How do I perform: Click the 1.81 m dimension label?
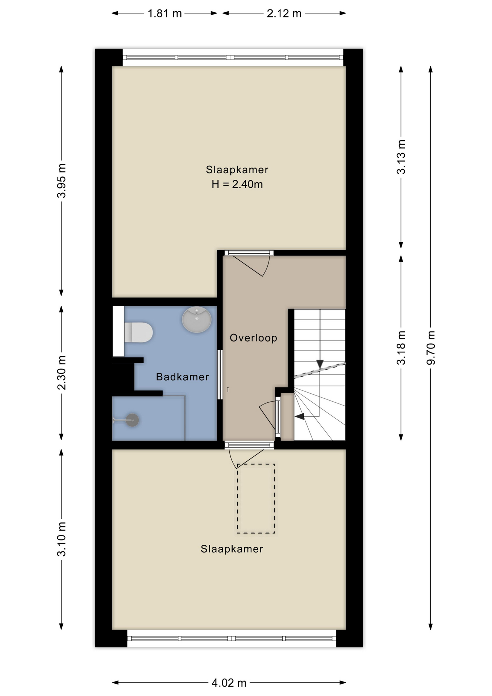[x=164, y=13]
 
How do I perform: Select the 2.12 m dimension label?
[x=284, y=13]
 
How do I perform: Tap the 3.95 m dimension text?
[x=62, y=181]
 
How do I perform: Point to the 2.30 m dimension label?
[x=62, y=372]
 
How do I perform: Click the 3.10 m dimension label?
[x=62, y=539]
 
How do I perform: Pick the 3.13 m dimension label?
[x=401, y=157]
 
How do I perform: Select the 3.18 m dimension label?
[x=401, y=348]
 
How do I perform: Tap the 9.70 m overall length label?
[x=431, y=348]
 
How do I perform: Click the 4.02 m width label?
[x=229, y=683]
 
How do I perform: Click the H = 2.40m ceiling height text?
[x=237, y=184]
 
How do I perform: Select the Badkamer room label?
[x=183, y=377]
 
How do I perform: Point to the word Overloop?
[x=254, y=338]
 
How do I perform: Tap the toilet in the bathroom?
[x=138, y=332]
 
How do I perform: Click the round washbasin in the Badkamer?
[x=197, y=319]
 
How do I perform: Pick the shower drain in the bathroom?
[x=132, y=420]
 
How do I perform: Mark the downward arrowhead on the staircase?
[x=320, y=364]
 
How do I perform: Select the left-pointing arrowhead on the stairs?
[x=300, y=417]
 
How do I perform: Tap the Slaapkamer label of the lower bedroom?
[x=232, y=549]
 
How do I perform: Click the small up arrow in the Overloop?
[x=228, y=389]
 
